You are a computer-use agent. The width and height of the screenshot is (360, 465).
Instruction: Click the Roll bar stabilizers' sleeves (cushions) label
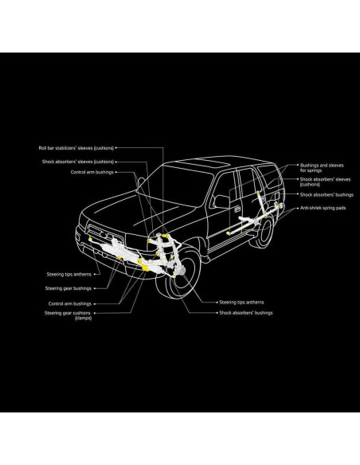click(x=76, y=147)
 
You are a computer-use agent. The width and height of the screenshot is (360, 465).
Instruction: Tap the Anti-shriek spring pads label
click(x=323, y=206)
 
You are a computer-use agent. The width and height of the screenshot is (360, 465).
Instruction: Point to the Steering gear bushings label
click(x=68, y=287)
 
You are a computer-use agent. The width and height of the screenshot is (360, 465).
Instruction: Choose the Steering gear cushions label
click(x=69, y=313)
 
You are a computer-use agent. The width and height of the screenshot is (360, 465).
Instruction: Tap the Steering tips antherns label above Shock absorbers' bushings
click(x=241, y=303)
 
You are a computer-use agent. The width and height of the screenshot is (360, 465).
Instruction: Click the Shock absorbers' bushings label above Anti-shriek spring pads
click(x=326, y=194)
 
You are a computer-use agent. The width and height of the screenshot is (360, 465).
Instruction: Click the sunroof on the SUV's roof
click(x=211, y=161)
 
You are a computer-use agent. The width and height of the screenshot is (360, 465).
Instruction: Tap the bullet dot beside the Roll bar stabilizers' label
click(x=117, y=147)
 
